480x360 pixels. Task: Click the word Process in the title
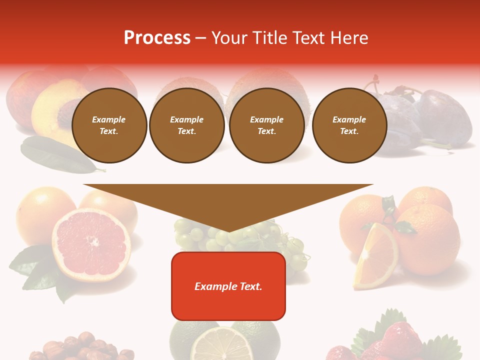[x=157, y=37]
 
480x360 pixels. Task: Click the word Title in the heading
[x=270, y=37]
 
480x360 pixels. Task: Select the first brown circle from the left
[x=109, y=125]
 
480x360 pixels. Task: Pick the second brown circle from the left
[x=187, y=125]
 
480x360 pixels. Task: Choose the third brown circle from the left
[x=267, y=125]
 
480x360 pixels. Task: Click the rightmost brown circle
[x=349, y=125]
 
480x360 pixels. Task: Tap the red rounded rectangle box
[x=228, y=286]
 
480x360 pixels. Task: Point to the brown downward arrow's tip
[x=228, y=231]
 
